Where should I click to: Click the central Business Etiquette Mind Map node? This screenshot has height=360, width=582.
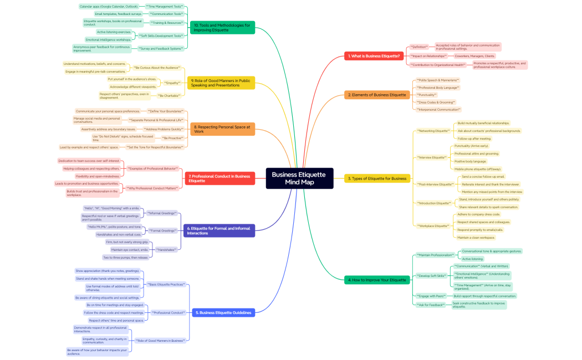(x=299, y=178)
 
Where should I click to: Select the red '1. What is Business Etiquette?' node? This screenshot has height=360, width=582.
(x=374, y=56)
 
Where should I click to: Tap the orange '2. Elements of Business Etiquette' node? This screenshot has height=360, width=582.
(x=377, y=95)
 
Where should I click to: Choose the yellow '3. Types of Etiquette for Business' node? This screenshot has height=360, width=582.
(x=377, y=178)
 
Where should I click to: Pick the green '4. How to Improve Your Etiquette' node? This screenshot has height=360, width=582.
(x=377, y=280)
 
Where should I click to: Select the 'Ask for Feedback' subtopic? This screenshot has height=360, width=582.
(x=430, y=304)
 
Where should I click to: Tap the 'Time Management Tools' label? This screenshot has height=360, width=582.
(x=165, y=6)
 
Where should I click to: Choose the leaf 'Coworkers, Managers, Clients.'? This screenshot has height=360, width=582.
(x=474, y=56)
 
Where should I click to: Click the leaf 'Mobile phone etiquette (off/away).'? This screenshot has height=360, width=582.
(x=478, y=169)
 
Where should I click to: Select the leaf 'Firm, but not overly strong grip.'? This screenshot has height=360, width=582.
(x=127, y=242)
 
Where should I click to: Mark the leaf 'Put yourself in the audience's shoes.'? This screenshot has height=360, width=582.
(x=132, y=79)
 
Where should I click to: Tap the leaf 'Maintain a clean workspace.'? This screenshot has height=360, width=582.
(x=476, y=237)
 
